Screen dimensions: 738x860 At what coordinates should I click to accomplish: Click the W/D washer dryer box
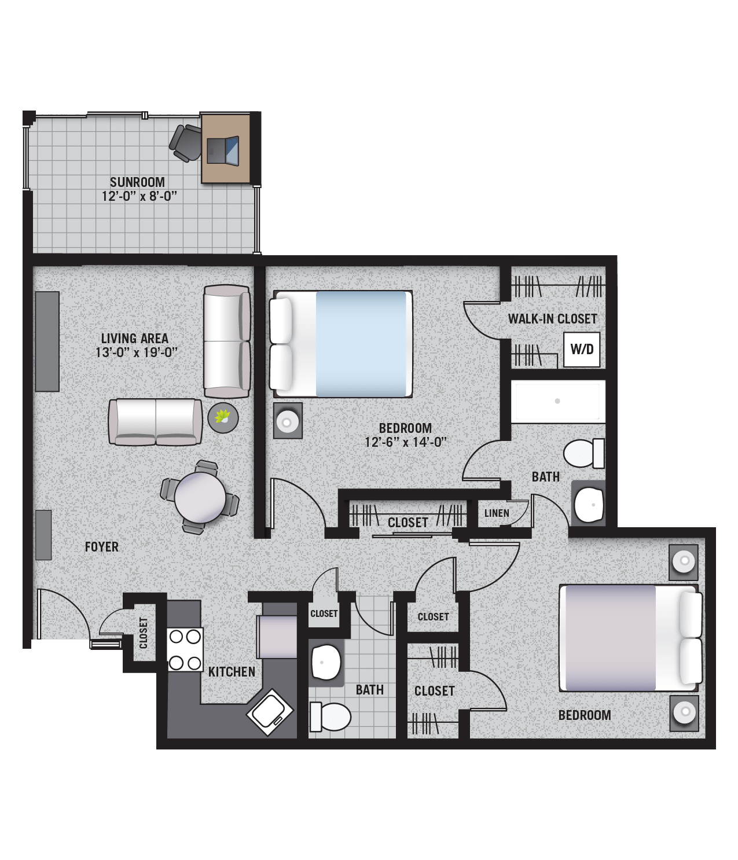[582, 350]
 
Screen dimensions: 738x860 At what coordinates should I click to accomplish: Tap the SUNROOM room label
[137, 182]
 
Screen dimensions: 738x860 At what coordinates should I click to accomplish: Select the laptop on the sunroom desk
[223, 150]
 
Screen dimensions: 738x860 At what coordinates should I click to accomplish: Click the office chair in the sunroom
[186, 143]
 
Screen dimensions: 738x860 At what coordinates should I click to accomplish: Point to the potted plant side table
[223, 418]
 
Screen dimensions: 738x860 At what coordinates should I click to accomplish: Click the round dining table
[200, 497]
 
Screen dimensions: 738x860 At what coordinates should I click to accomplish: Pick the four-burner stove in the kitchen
[185, 649]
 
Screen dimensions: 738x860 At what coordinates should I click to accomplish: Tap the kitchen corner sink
[270, 712]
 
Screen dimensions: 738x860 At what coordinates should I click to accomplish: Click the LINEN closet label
[497, 513]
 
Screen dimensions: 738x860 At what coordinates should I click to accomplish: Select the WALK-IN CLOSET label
[552, 319]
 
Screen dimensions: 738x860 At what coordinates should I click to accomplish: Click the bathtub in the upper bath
[558, 402]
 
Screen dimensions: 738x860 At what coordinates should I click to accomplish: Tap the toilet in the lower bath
[331, 717]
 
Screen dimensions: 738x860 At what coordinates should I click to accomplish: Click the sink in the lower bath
[326, 663]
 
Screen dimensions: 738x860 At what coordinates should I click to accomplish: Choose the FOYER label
[101, 547]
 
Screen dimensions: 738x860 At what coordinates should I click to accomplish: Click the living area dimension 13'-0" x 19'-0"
[137, 352]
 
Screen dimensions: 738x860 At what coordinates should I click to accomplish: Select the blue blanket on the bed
[361, 344]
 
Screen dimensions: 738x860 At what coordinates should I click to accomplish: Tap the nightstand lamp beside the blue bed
[288, 420]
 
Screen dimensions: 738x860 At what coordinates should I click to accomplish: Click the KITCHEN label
[232, 672]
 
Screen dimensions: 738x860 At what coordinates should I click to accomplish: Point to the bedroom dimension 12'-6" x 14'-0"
[406, 442]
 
